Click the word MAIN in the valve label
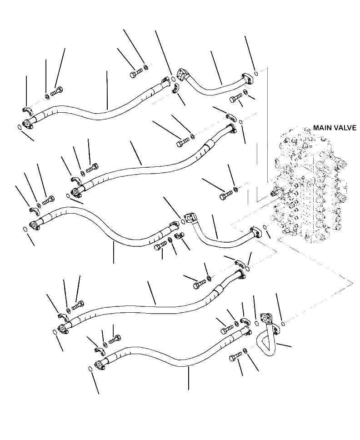click(x=322, y=128)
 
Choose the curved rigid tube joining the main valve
click(x=223, y=238)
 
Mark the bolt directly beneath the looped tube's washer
click(x=235, y=357)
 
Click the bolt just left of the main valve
click(x=225, y=195)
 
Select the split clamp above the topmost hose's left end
click(x=28, y=109)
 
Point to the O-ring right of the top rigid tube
click(x=256, y=73)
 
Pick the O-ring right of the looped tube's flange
click(x=282, y=323)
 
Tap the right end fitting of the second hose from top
click(x=230, y=129)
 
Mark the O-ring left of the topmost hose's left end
click(x=19, y=127)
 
